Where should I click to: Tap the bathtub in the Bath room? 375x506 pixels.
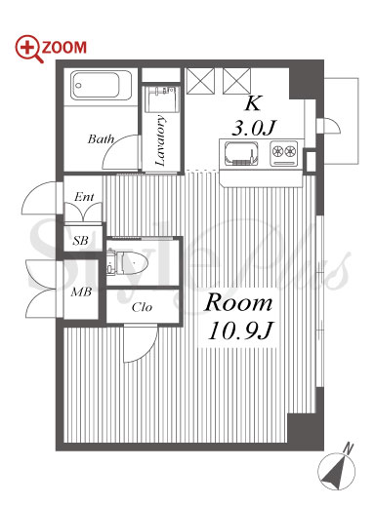click(x=101, y=86)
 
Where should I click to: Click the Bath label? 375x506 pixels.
click(x=101, y=139)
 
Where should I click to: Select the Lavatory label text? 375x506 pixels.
click(x=161, y=140)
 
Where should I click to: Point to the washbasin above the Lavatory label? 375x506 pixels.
click(x=161, y=99)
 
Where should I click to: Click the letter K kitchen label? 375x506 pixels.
click(x=253, y=103)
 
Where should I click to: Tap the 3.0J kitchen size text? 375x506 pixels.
click(x=254, y=128)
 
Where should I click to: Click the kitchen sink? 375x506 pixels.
click(x=241, y=154)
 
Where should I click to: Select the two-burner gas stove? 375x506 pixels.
click(x=284, y=153)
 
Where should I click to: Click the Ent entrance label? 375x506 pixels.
click(x=84, y=197)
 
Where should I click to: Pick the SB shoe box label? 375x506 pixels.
click(x=80, y=241)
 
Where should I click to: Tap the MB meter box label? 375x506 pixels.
click(x=81, y=292)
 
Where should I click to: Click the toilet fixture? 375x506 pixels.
click(x=127, y=262)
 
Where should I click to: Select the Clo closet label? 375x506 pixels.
click(x=142, y=307)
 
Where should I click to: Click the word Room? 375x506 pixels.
click(x=238, y=303)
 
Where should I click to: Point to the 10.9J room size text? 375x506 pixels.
click(x=240, y=331)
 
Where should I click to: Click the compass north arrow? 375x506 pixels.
click(x=336, y=471)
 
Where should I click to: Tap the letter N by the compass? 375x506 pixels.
click(x=349, y=448)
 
